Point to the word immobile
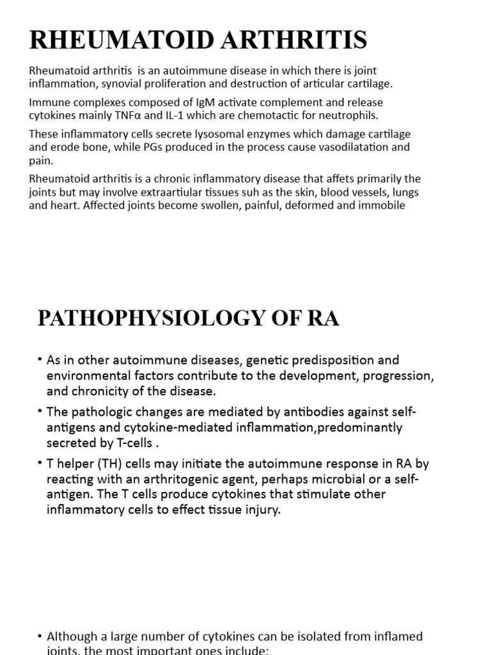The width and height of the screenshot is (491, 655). [384, 205]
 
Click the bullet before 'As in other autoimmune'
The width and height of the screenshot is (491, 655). [40, 360]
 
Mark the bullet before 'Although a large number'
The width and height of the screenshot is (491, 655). [40, 636]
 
